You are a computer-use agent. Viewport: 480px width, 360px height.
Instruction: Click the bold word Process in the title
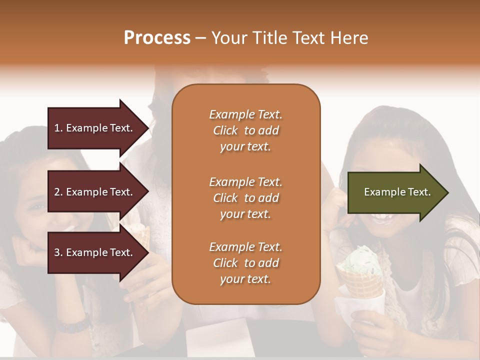click(x=157, y=38)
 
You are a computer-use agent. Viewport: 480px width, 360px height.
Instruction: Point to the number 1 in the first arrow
click(x=57, y=128)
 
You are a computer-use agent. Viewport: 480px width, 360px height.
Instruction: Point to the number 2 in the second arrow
click(x=57, y=192)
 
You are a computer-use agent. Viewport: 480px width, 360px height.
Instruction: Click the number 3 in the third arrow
click(x=57, y=252)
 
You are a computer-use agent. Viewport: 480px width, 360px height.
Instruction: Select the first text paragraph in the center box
click(x=245, y=130)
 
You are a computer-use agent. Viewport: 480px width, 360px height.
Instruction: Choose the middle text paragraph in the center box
click(x=245, y=198)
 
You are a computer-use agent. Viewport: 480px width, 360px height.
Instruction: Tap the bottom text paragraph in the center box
click(x=245, y=263)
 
